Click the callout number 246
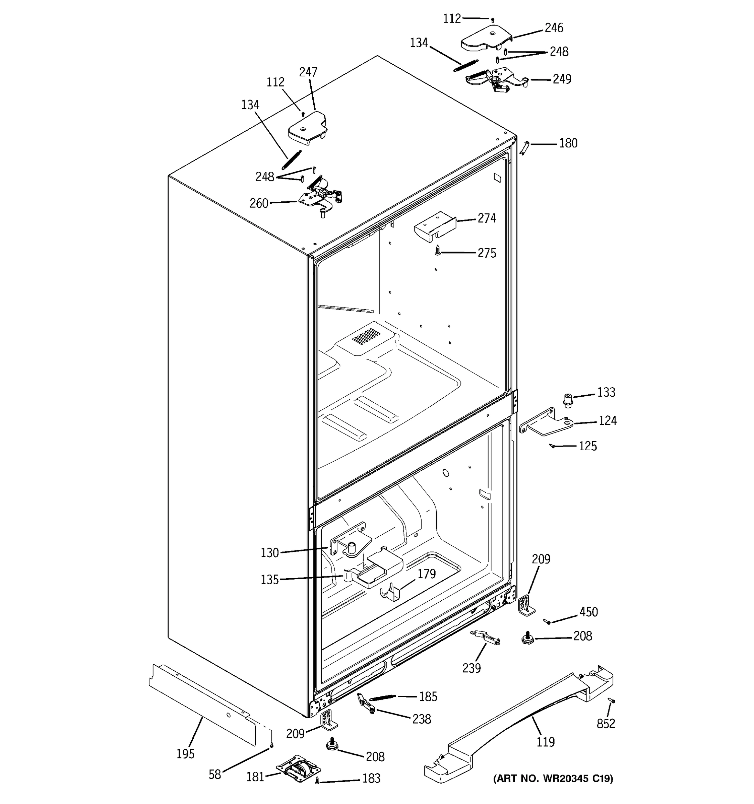553,28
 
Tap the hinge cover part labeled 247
307,129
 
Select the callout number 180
568,143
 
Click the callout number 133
606,392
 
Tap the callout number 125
587,446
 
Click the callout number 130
269,552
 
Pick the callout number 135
269,580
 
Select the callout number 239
471,668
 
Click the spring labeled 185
382,697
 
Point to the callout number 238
421,719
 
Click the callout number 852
606,724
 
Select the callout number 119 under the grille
545,742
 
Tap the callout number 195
185,753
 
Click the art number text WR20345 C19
553,778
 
